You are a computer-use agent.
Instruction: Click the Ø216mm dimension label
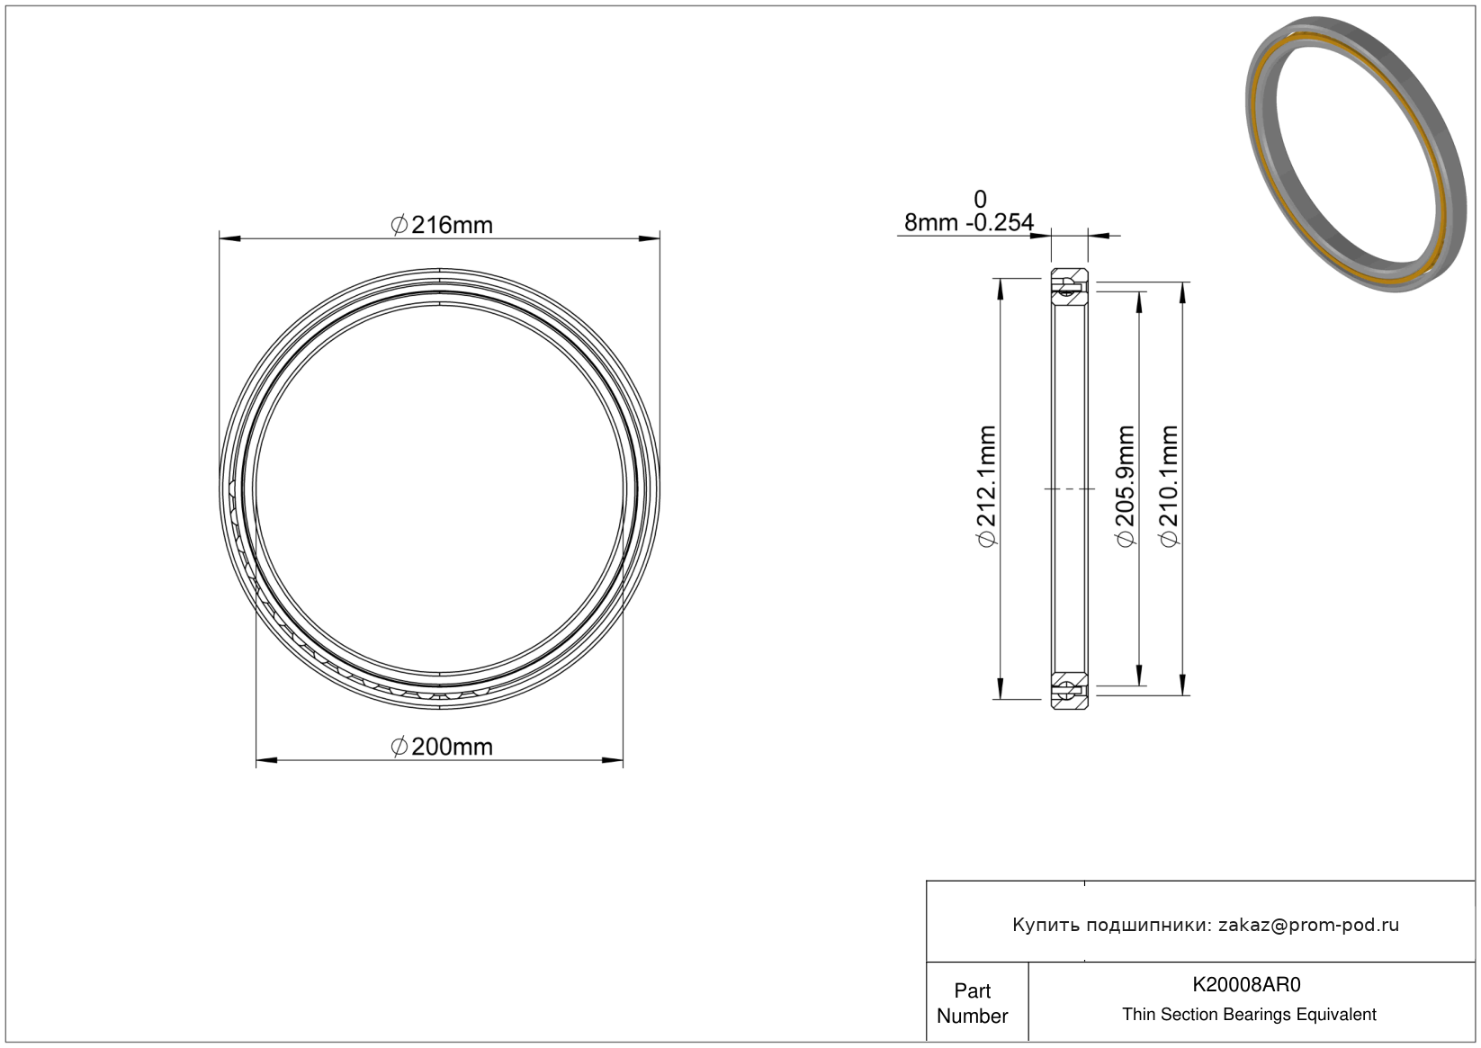[x=442, y=226]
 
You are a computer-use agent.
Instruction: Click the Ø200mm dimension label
[x=442, y=748]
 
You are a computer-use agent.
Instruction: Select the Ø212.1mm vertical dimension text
[x=986, y=487]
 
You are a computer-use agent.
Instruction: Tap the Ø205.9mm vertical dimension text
[x=1125, y=487]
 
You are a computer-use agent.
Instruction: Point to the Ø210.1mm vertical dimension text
[x=1170, y=487]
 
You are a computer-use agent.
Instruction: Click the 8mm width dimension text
[x=931, y=223]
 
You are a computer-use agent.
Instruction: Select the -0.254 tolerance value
[x=1001, y=223]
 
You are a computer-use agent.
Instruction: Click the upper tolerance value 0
[x=981, y=199]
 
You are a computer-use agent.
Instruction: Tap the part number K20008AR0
[x=1246, y=985]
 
